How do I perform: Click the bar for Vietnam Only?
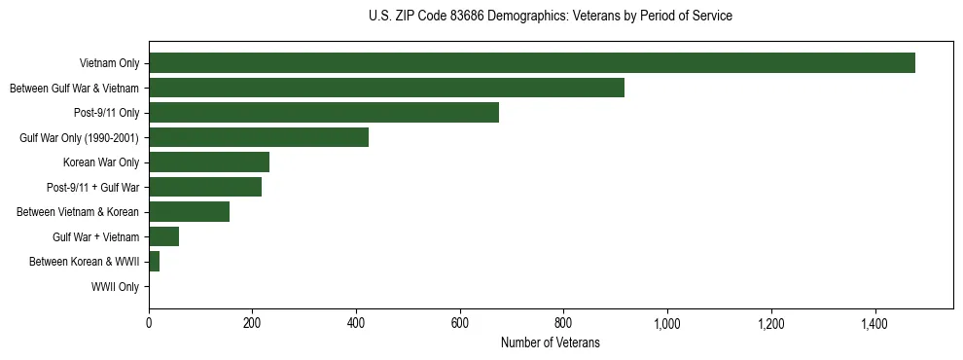tap(531, 63)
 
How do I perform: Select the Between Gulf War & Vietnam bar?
tap(386, 89)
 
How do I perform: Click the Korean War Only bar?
tap(209, 162)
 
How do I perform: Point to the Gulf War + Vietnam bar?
tap(163, 236)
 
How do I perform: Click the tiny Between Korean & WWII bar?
tap(154, 262)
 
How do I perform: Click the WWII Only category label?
tap(115, 287)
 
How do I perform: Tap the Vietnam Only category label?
tap(109, 64)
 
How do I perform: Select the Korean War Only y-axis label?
tap(101, 162)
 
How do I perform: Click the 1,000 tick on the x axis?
tap(667, 322)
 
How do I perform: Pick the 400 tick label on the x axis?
tap(356, 322)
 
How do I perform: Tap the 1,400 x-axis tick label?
tap(874, 322)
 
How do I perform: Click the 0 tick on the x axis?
tap(149, 322)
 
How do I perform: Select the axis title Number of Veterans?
tap(550, 342)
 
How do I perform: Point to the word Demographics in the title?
tap(527, 17)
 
